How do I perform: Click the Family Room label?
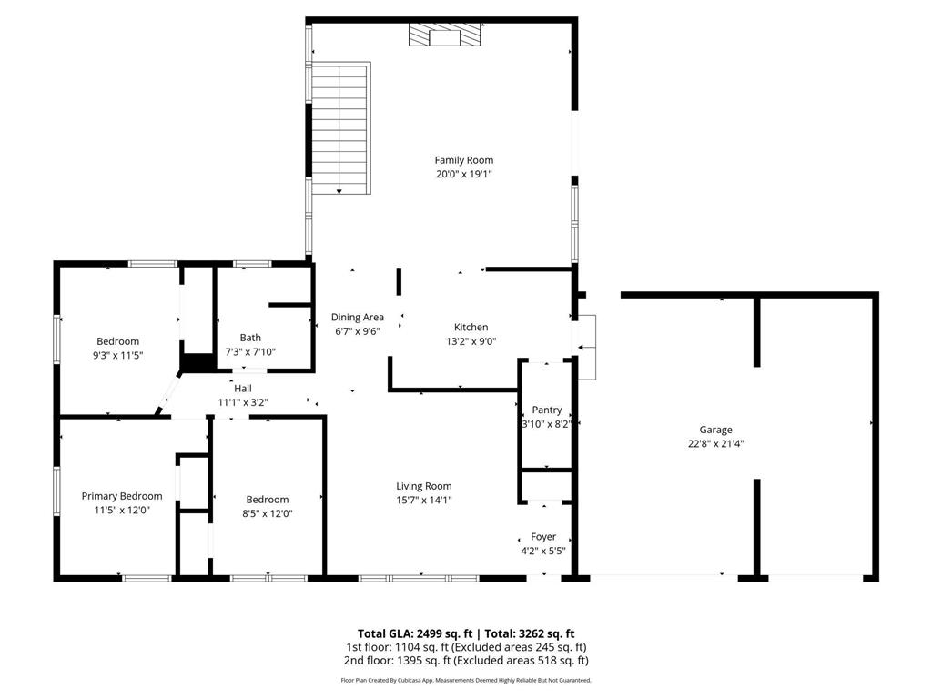pos(463,160)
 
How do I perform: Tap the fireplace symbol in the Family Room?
pos(445,35)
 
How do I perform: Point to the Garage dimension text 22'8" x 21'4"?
pos(715,444)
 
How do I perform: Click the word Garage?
pos(715,430)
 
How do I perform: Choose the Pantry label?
pos(547,410)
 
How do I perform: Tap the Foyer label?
pos(543,537)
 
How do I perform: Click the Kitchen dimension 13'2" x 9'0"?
pos(471,341)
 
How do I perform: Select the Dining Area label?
pos(357,317)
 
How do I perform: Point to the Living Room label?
pos(423,486)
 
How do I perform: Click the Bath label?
pos(249,338)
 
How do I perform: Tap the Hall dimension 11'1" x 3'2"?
pos(242,402)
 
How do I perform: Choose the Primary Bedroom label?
pos(122,496)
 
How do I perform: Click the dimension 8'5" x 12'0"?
pos(268,513)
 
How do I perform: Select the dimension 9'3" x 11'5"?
pos(117,355)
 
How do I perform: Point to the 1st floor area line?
pos(465,647)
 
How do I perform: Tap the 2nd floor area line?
pos(465,661)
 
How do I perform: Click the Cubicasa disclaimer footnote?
pos(465,680)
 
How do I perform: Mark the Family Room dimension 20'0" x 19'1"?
pos(463,174)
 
